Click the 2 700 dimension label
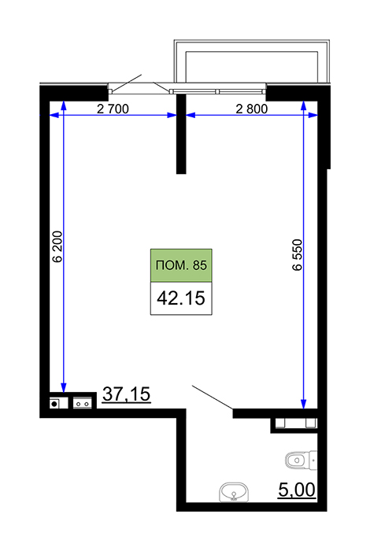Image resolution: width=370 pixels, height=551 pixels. point(113,109)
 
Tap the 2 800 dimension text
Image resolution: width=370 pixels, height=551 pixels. point(252,109)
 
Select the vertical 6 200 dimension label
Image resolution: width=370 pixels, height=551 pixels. point(57,246)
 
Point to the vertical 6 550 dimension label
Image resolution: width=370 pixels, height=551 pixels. point(297,255)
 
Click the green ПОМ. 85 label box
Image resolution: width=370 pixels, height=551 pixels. point(181,265)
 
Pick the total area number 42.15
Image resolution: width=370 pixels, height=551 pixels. point(181,298)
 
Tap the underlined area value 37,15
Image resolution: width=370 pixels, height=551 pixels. point(127,394)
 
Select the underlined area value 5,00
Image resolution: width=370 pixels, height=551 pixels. point(297,490)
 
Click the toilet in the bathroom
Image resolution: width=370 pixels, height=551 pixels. point(302,460)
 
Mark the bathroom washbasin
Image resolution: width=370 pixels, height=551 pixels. point(234,492)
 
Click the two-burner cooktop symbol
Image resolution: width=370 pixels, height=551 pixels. point(82,403)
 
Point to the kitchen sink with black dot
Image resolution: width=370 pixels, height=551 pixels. point(58,403)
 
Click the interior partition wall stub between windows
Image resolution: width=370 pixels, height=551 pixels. point(181,134)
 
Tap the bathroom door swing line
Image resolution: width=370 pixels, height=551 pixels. point(213,398)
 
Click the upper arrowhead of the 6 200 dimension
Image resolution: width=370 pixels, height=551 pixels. point(64,105)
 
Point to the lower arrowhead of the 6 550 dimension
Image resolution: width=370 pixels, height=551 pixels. point(304,405)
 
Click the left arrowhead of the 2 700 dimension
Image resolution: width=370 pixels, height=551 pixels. point(54,115)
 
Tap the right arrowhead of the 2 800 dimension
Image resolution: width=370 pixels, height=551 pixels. point(313,115)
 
